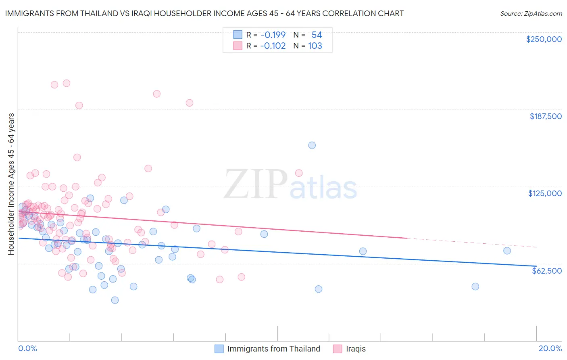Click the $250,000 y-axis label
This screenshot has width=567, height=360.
click(544, 39)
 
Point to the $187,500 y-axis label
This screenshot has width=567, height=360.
click(546, 116)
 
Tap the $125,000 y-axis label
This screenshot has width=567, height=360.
click(545, 193)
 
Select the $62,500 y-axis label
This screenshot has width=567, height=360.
click(547, 271)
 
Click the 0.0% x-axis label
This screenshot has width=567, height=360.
click(27, 348)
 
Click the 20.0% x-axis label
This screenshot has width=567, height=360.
click(550, 348)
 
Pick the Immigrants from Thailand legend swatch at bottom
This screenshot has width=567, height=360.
click(219, 349)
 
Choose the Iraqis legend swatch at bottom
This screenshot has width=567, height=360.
click(338, 349)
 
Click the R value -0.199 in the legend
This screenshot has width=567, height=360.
click(273, 35)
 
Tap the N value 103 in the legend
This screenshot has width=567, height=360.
click(315, 46)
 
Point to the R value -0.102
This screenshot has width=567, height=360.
click(273, 46)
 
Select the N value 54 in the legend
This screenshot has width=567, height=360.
click(317, 35)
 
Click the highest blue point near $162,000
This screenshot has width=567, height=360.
click(312, 145)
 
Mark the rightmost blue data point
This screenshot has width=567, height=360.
click(507, 251)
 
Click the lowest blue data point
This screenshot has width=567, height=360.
click(115, 300)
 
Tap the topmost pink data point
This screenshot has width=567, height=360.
click(67, 83)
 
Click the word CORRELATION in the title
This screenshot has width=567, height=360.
click(339, 13)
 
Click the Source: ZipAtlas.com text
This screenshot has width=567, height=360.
click(531, 13)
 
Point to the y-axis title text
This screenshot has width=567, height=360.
click(11, 184)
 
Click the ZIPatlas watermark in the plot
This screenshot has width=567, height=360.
click(290, 185)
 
